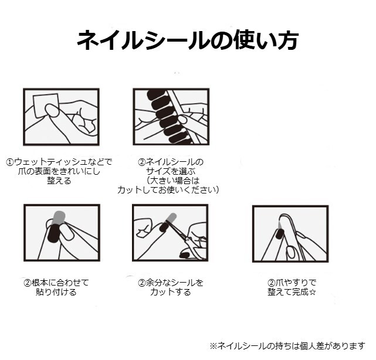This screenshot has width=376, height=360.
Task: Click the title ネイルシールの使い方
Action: [x=188, y=40]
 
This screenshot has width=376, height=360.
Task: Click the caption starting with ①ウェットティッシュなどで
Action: [x=59, y=171]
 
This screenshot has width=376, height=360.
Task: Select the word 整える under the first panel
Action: [x=59, y=181]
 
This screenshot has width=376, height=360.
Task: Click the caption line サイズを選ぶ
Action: [x=171, y=171]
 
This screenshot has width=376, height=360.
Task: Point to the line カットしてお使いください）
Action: [x=168, y=190]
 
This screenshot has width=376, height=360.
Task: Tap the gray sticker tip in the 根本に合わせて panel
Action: [x=59, y=217]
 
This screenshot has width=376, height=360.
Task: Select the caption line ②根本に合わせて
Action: [x=56, y=283]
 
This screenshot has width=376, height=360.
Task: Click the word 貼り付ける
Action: [x=56, y=292]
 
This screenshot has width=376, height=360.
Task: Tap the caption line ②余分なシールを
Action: [x=171, y=283]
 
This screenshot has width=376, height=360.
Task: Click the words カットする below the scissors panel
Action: [x=171, y=292]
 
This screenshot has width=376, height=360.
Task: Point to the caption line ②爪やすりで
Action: [x=292, y=283]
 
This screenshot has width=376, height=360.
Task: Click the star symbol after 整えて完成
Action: [x=313, y=292]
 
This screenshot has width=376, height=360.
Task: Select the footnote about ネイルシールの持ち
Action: [x=287, y=346]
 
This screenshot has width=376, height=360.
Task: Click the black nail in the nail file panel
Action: [x=279, y=234]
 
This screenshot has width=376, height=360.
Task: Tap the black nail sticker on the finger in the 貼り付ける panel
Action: [x=53, y=234]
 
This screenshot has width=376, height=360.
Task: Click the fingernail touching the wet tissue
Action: [x=52, y=110]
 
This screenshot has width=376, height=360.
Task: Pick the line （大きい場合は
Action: [x=173, y=181]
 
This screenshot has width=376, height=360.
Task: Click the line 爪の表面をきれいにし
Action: [x=59, y=171]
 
